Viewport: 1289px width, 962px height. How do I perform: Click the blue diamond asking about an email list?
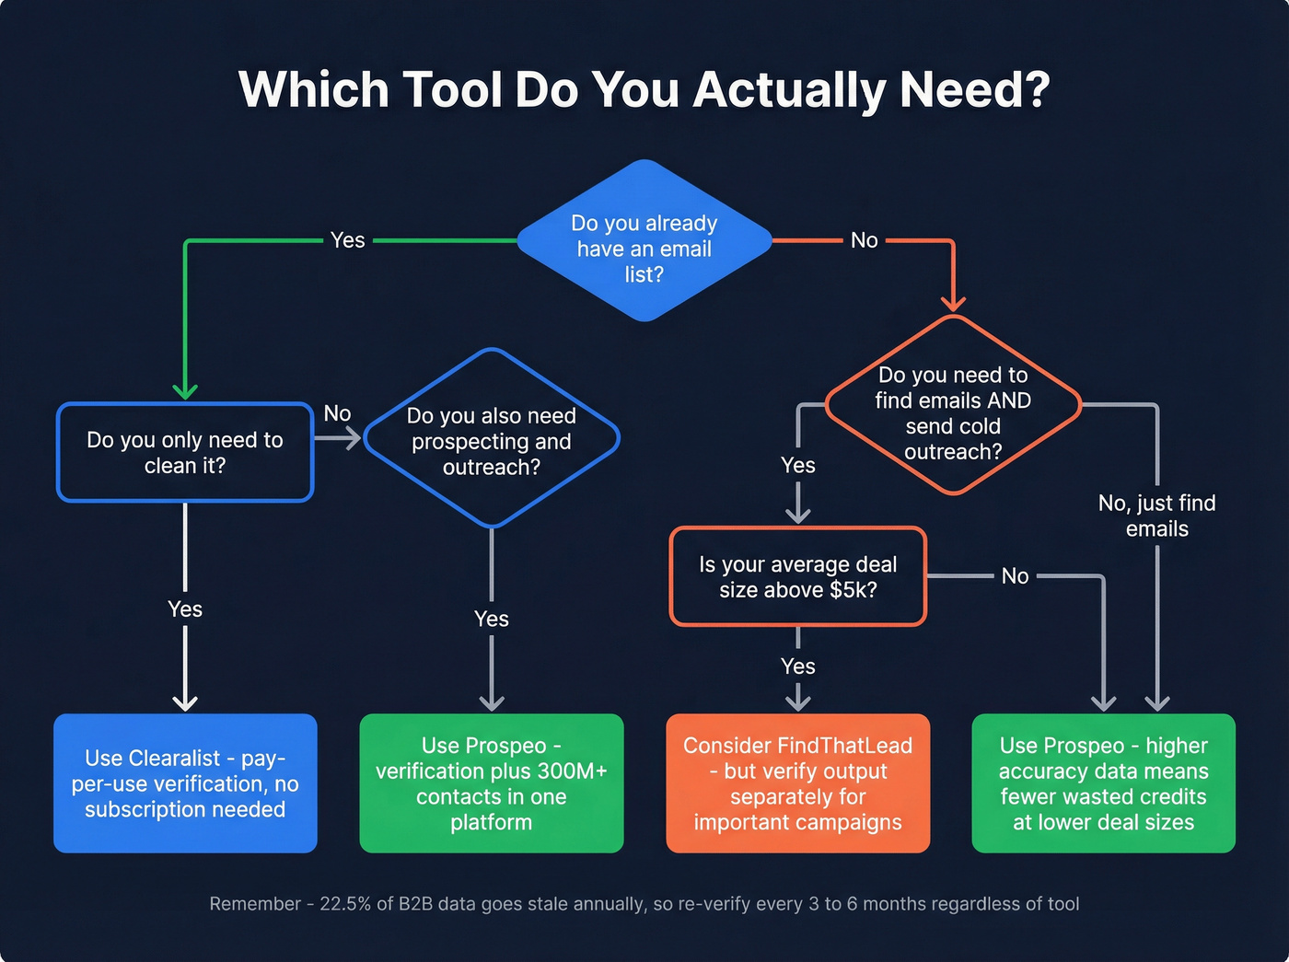click(644, 241)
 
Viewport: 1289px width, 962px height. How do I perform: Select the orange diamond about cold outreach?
click(953, 406)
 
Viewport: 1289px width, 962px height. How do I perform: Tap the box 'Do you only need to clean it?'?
click(185, 452)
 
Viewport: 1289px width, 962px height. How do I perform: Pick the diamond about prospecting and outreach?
click(492, 439)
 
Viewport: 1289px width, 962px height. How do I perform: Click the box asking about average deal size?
click(797, 577)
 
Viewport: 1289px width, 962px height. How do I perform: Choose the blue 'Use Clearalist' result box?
click(185, 783)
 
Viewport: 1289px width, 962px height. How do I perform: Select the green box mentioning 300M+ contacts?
click(492, 783)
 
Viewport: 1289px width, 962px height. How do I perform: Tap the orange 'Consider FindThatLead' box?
click(797, 783)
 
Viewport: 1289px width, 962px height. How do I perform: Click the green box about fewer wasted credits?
click(1103, 783)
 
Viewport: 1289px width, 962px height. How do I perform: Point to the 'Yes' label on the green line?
click(348, 240)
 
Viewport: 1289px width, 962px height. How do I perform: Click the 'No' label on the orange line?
click(864, 240)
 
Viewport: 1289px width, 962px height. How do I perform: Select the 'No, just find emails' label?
click(1156, 516)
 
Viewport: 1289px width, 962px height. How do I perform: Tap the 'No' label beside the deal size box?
click(1015, 576)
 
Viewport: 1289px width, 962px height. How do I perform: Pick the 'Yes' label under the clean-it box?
click(185, 609)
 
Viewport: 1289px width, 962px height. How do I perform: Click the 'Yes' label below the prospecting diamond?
click(492, 619)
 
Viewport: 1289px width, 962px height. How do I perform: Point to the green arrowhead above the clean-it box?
click(185, 391)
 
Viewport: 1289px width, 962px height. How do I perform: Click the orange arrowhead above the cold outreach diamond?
click(953, 303)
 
